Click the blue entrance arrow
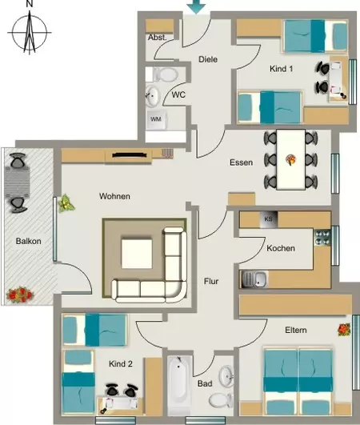(196, 6)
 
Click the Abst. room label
(157, 38)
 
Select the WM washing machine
(156, 119)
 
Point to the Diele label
(208, 59)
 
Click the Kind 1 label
(281, 69)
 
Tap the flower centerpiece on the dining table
(291, 159)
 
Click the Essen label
(242, 162)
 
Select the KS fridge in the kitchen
(268, 219)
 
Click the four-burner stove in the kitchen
(322, 238)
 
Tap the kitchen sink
(254, 279)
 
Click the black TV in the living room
(130, 155)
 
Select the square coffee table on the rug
(137, 254)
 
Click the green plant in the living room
(66, 203)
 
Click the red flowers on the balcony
(20, 295)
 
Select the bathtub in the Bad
(178, 384)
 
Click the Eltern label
(296, 330)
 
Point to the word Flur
(211, 282)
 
